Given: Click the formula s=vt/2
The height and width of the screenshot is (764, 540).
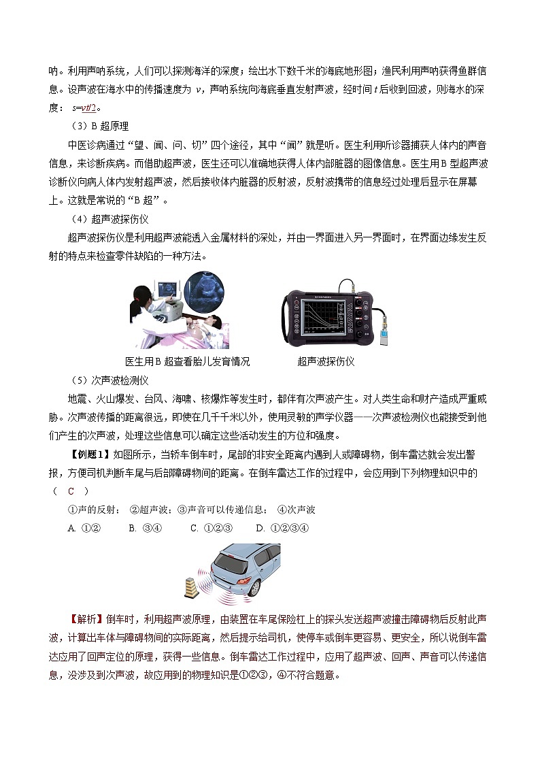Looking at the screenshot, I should pyautogui.click(x=86, y=107).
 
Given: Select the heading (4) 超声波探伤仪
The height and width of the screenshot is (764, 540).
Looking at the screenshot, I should pyautogui.click(x=109, y=218).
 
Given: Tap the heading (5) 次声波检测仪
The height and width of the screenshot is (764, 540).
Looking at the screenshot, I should pyautogui.click(x=109, y=380).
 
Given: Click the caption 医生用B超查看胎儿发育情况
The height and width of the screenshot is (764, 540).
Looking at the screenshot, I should pyautogui.click(x=188, y=361).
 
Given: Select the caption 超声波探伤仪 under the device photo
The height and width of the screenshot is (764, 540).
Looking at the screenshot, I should pyautogui.click(x=326, y=361).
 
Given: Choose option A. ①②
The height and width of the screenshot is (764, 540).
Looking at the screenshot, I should pyautogui.click(x=84, y=528).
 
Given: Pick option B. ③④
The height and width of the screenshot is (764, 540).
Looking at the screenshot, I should pyautogui.click(x=143, y=528).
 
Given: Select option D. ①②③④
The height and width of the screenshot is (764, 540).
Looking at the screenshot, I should pyautogui.click(x=282, y=528).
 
